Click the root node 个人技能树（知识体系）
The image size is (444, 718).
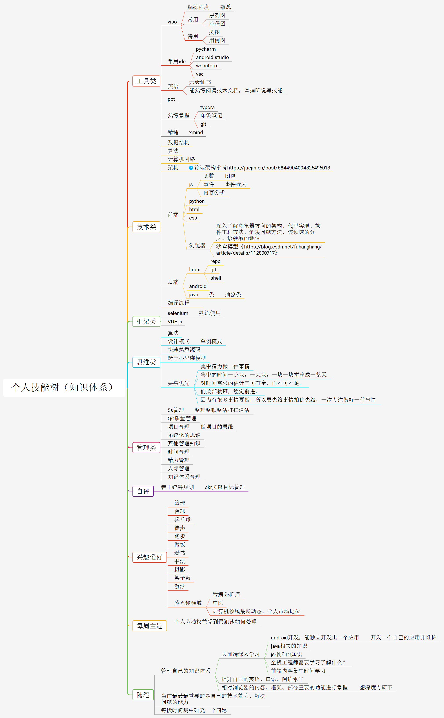64,387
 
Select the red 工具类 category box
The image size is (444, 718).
146,81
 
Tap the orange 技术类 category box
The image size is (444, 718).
146,227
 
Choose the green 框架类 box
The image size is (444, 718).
146,321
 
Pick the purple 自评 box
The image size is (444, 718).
143,491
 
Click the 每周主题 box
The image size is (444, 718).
149,626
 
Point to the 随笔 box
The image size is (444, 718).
143,695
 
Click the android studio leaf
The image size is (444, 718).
212,58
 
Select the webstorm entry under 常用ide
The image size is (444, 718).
207,66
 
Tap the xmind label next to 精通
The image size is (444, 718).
196,132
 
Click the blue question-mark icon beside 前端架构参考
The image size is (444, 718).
191,168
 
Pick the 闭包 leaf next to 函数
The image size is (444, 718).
230,176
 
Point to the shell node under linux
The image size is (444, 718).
216,278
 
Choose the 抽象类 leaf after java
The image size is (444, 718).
233,294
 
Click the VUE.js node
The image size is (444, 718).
175,322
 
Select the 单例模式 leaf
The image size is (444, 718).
211,341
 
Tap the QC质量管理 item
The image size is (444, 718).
182,418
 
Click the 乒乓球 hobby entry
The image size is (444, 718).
182,519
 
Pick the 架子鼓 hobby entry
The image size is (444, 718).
182,578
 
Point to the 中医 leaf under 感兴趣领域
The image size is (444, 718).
218,603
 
